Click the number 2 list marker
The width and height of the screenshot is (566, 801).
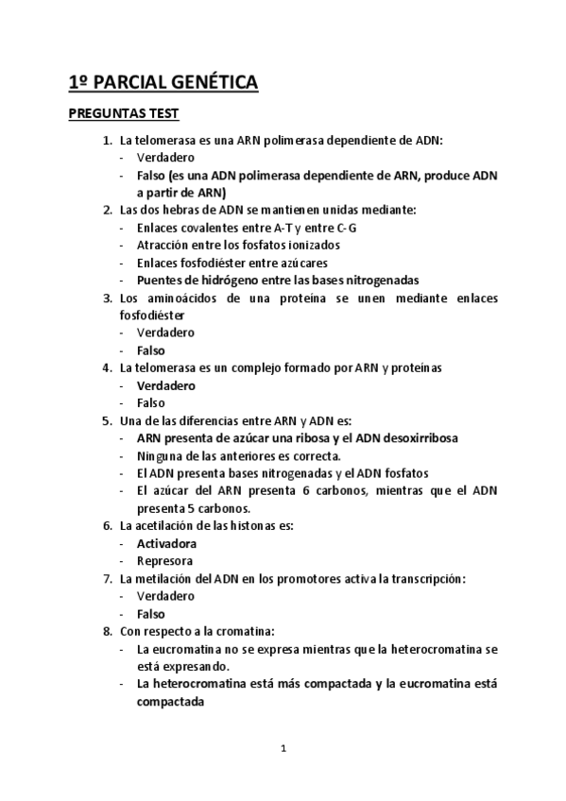point(107,210)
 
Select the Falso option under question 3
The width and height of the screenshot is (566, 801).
point(151,350)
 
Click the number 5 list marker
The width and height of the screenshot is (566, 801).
point(107,420)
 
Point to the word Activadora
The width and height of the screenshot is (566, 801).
point(166,543)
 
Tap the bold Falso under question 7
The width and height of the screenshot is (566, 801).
point(151,613)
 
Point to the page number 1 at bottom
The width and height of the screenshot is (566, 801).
point(283,749)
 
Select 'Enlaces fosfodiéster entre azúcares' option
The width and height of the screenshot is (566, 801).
point(232,263)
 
